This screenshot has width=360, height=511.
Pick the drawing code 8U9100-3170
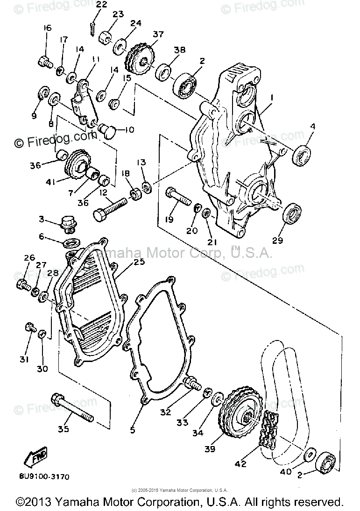pos(45,477)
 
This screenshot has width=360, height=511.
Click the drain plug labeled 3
pos(69,223)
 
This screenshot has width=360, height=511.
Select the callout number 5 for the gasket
pos(133,429)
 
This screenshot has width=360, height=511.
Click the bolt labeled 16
pos(45,61)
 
